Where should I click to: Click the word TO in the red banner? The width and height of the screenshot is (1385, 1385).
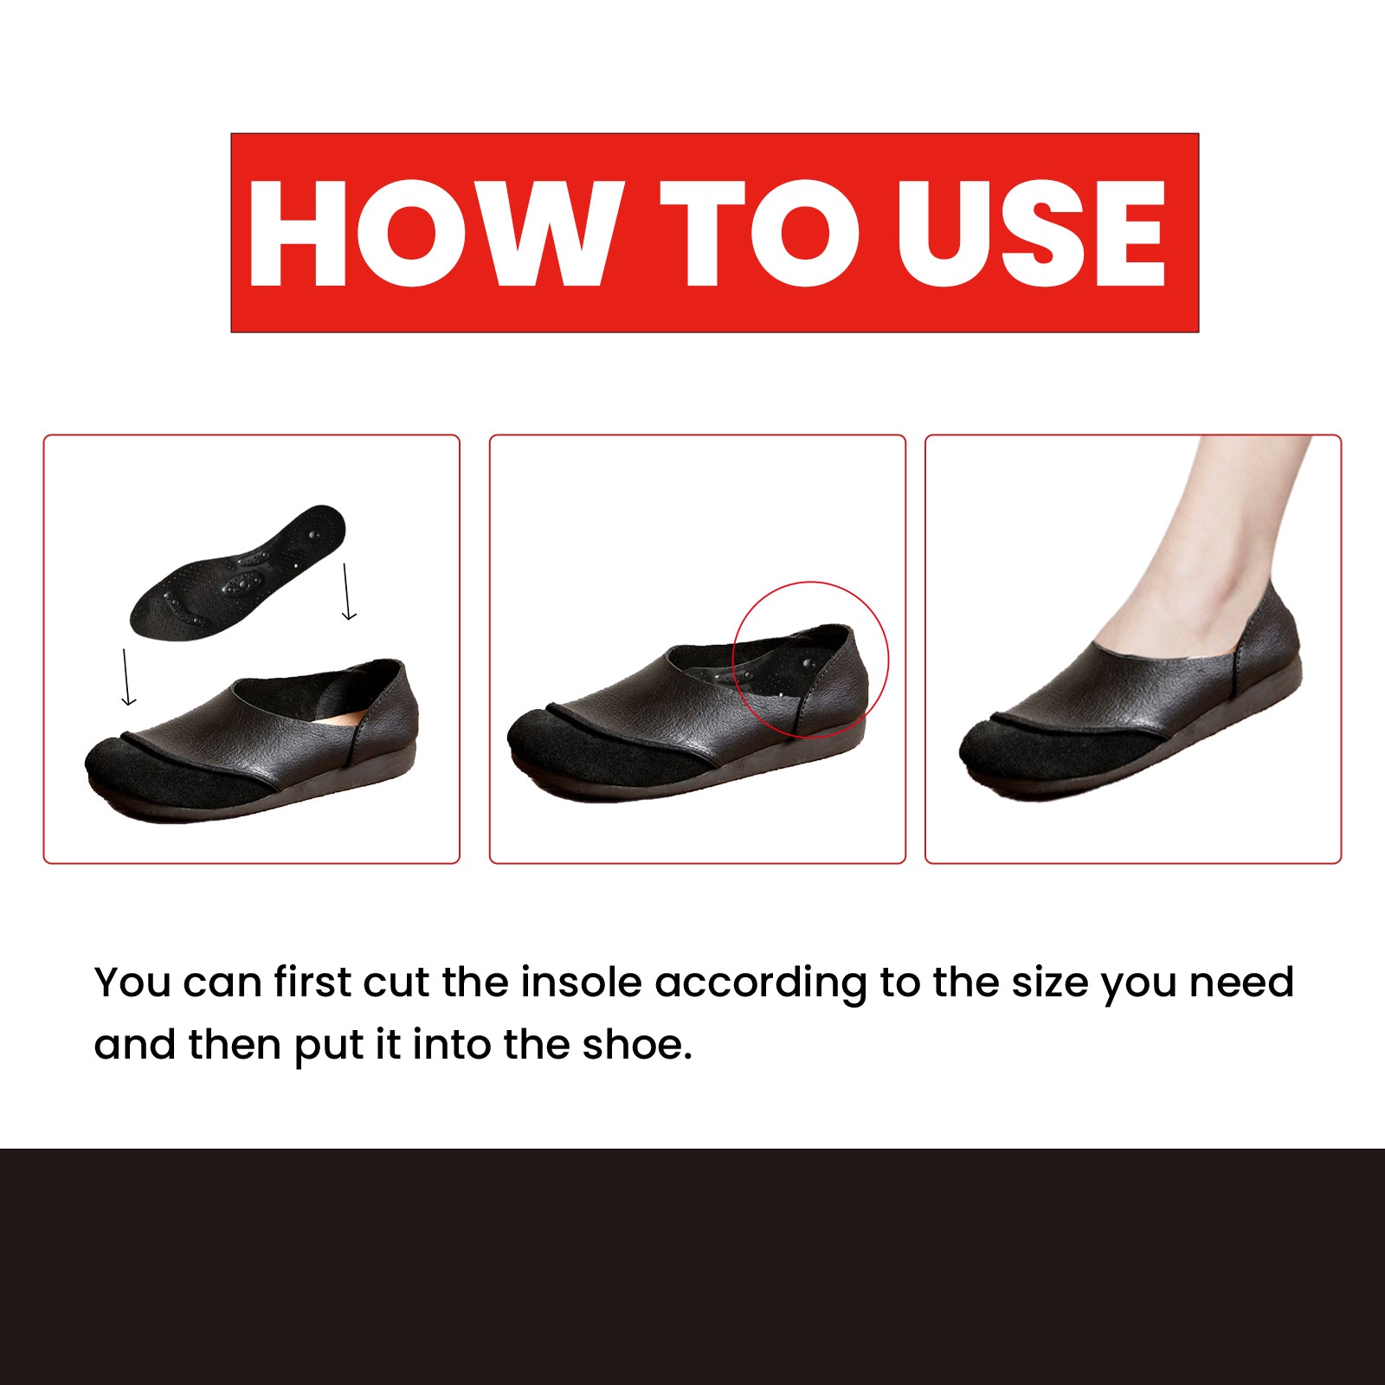(x=757, y=234)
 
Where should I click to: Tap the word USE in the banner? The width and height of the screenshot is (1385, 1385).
(x=1030, y=234)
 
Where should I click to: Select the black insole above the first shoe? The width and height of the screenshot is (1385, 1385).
(x=238, y=573)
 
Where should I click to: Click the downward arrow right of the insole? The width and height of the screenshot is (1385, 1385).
(x=347, y=592)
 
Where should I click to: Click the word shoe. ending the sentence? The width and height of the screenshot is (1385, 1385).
(x=637, y=1045)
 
